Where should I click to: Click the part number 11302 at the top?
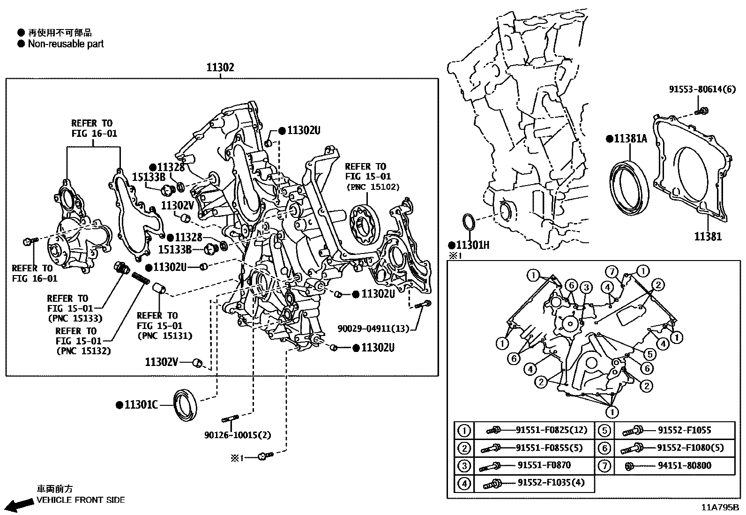click(x=220, y=67)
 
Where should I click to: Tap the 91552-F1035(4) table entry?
click(x=551, y=483)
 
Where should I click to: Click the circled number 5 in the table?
click(x=604, y=430)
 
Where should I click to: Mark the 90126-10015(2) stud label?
click(x=238, y=435)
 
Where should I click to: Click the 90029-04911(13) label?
click(x=373, y=328)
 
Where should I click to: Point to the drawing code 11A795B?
click(x=721, y=507)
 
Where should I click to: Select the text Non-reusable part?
click(x=66, y=44)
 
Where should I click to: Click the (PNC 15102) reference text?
click(x=373, y=187)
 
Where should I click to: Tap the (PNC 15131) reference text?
click(x=164, y=336)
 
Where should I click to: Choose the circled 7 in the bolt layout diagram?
click(x=611, y=271)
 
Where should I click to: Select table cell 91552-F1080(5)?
click(x=690, y=448)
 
